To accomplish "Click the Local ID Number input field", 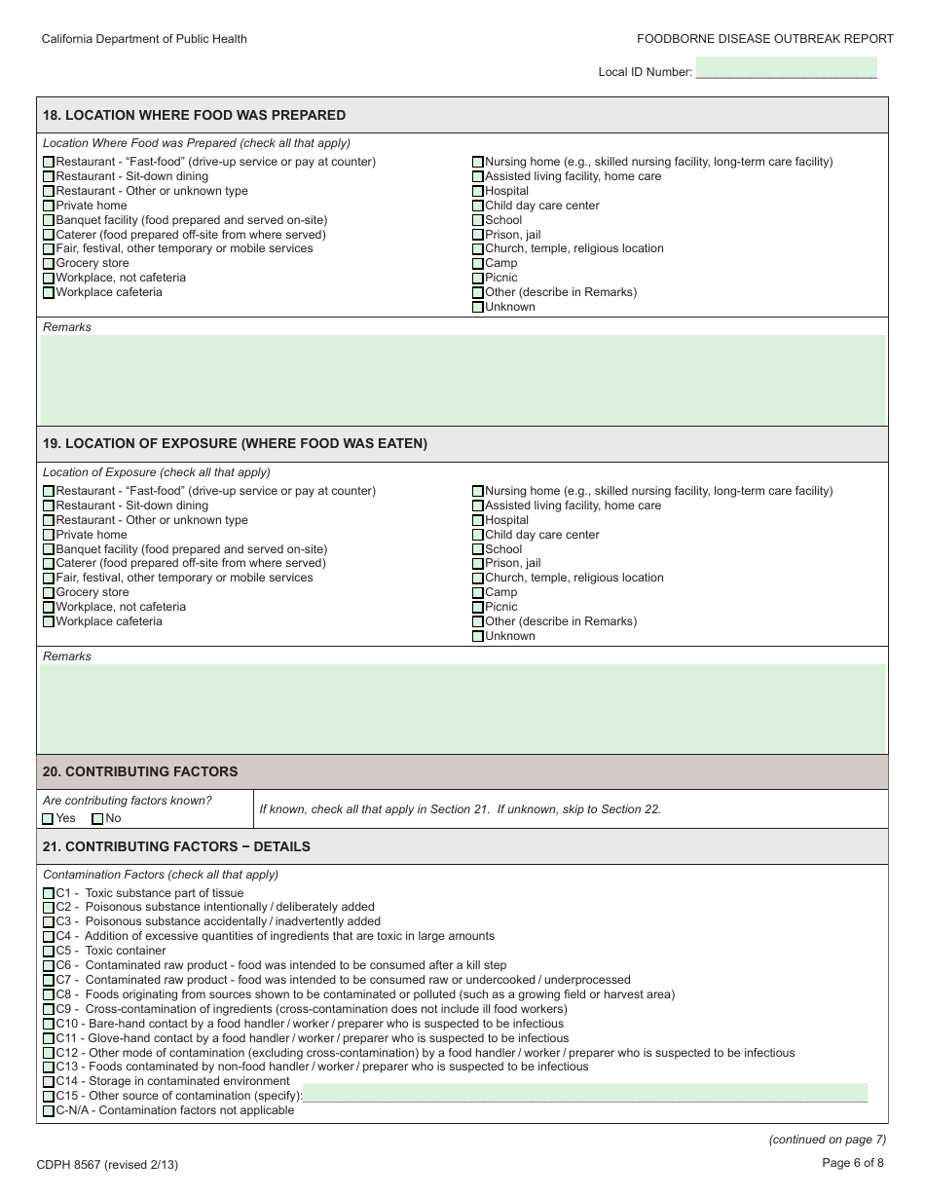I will (786, 68).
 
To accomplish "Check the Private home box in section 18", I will (49, 206).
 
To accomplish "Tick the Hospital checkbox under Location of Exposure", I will (477, 520).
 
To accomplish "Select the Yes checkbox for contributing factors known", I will (49, 819).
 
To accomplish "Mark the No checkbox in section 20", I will (97, 819).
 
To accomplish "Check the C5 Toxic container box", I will (49, 952).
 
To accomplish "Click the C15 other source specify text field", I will (584, 1093).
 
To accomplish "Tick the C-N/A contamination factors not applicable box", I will (49, 1111).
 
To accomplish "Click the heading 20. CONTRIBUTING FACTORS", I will (140, 771).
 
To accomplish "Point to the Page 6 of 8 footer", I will (853, 1162).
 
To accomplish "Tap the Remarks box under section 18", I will (462, 380).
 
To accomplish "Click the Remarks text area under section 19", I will (462, 708).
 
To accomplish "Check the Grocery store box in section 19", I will (49, 593).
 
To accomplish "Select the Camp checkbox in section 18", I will (477, 264).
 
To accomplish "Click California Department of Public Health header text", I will (144, 39).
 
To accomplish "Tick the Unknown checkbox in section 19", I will (477, 637).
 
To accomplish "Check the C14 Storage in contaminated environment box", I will (49, 1082).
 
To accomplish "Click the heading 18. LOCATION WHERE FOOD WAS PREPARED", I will (194, 115).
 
